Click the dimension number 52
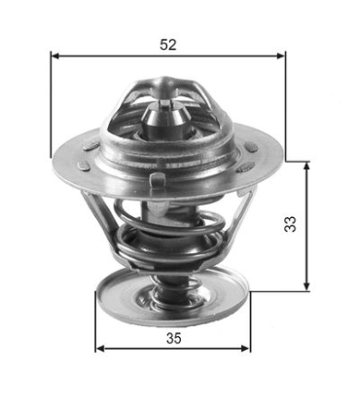pos(168,43)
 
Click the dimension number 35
pos(172,338)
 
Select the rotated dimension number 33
pos(290,223)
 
